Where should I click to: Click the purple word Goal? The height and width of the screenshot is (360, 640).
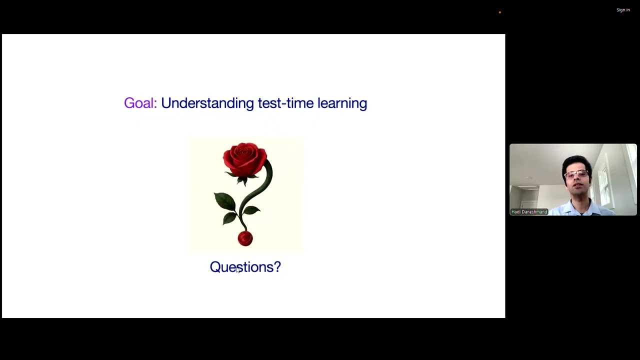click(x=140, y=103)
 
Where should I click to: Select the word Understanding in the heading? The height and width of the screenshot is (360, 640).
click(x=207, y=103)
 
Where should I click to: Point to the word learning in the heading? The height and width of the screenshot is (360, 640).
click(x=342, y=103)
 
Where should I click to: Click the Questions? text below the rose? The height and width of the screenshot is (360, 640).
click(x=245, y=267)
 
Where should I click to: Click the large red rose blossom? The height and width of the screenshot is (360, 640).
click(x=244, y=159)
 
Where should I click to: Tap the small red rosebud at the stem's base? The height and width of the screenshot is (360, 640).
click(x=245, y=238)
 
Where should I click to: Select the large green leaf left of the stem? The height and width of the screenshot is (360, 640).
click(x=225, y=201)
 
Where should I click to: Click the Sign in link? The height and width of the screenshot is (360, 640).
click(x=623, y=10)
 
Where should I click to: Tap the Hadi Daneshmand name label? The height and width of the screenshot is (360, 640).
click(x=529, y=212)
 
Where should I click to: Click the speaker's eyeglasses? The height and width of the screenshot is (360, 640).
click(x=576, y=174)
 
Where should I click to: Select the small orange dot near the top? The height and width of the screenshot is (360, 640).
click(x=499, y=12)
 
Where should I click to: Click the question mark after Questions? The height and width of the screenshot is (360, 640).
click(x=277, y=267)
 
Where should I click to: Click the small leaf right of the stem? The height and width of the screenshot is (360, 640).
click(x=252, y=211)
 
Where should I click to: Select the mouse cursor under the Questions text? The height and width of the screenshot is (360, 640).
click(x=238, y=270)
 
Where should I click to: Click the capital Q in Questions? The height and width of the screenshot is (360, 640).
click(x=215, y=267)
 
